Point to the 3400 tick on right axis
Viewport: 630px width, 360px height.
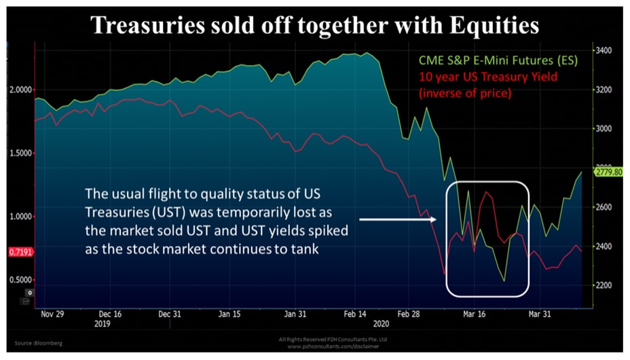point(603,51)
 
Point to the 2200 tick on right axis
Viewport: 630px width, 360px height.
point(603,285)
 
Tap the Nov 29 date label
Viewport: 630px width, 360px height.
point(52,315)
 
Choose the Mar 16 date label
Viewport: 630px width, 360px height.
point(473,315)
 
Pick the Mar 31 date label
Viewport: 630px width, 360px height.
point(541,315)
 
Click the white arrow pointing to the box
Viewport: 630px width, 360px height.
point(396,219)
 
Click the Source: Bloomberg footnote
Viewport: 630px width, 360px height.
point(36,343)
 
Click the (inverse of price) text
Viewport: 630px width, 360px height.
point(464,94)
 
